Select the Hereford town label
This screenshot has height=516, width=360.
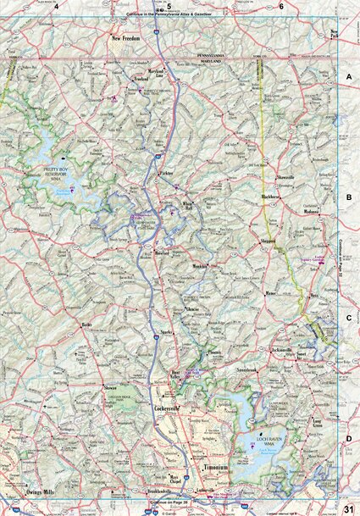pos(162,252)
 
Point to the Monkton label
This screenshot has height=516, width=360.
pos(200,267)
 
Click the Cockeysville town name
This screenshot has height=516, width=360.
pos(168,409)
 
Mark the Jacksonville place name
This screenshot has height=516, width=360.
pos(285,349)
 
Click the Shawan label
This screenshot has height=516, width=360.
pos(109,387)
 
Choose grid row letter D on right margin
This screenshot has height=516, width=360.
pos(348,438)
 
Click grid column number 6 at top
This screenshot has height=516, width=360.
pos(281,6)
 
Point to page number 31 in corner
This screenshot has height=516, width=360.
pos(347,507)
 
